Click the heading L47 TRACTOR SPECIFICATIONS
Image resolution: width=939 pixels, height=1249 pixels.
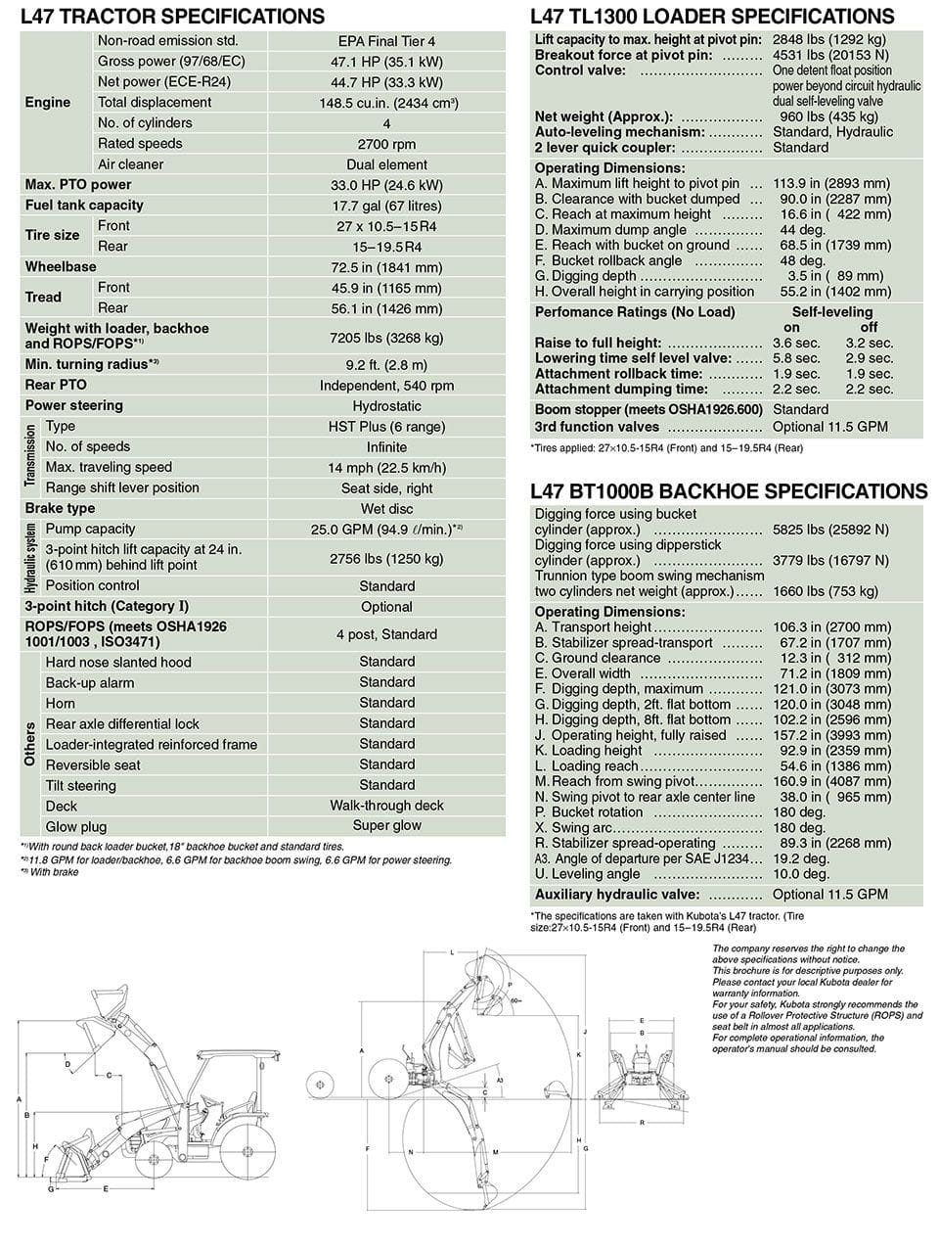click(x=172, y=17)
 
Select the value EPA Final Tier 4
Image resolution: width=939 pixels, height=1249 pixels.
click(x=386, y=41)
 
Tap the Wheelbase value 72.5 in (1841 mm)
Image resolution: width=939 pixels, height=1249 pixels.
click(x=386, y=267)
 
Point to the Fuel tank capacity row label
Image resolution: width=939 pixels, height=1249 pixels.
click(x=84, y=206)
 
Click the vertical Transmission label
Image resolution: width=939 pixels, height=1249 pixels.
click(x=30, y=456)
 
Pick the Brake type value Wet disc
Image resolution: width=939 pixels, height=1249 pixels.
click(x=386, y=509)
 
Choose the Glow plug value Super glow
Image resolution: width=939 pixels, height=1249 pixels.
click(x=386, y=826)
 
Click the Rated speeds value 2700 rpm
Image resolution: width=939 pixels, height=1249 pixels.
click(x=386, y=144)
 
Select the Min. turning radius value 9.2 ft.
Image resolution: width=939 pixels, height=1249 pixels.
click(x=386, y=365)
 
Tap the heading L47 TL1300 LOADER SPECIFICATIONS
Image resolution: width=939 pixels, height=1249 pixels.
click(x=712, y=17)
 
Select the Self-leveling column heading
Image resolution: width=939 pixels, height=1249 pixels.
click(x=831, y=312)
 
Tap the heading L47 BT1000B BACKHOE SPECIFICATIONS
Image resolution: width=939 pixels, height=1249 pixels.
click(x=728, y=491)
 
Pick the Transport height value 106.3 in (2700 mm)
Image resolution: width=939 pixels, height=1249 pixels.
click(x=831, y=627)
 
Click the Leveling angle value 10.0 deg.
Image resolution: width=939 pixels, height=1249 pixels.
click(x=801, y=874)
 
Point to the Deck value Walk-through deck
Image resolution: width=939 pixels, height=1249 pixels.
click(x=386, y=806)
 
